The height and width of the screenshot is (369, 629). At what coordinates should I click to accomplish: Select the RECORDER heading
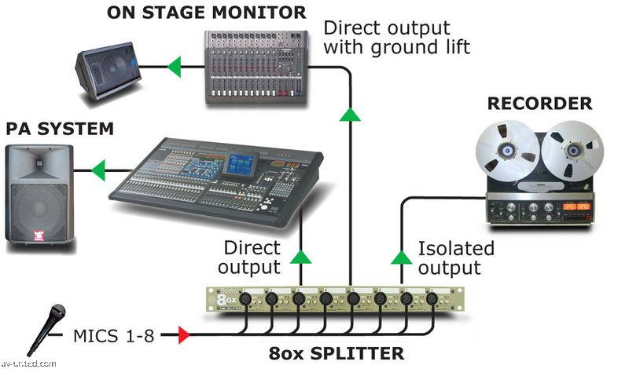pos(539,104)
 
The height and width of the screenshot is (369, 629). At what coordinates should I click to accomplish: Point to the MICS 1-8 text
pos(111,336)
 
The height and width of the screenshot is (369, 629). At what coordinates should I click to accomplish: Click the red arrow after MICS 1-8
pos(184,336)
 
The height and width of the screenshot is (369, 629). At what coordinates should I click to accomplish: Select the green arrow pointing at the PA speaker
pos(97,168)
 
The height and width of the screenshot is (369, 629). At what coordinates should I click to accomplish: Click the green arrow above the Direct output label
pos(300,256)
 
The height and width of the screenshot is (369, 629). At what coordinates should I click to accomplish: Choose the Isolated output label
pos(456,258)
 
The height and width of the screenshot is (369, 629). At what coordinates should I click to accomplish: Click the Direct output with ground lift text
pos(397,38)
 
